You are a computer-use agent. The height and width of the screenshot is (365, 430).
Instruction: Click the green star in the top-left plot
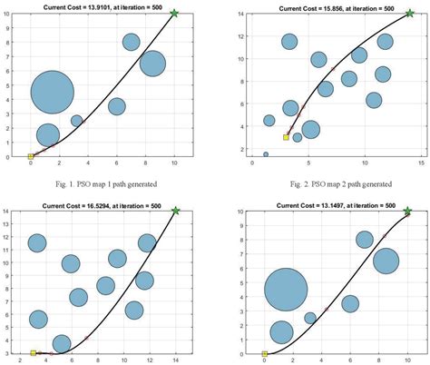pos(174,14)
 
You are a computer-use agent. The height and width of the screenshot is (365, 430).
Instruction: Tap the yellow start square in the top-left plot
pos(30,157)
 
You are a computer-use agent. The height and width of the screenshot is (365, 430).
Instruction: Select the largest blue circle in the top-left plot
pos(52,92)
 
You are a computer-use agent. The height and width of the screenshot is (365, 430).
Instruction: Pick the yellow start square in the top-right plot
pos(286,137)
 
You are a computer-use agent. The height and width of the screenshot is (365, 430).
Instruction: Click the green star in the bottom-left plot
pos(175,211)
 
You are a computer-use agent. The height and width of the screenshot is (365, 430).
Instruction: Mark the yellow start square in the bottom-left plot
pos(33,353)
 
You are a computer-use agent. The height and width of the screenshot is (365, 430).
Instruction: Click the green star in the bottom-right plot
pos(407,212)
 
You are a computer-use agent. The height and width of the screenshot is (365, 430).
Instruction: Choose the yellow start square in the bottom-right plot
pos(264,354)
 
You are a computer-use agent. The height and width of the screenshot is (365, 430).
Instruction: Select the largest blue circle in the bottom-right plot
pos(286,291)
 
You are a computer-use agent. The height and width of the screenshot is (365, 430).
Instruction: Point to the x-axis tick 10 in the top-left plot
pos(174,166)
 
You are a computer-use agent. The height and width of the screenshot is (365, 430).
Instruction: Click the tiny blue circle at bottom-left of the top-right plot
pos(266,154)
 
